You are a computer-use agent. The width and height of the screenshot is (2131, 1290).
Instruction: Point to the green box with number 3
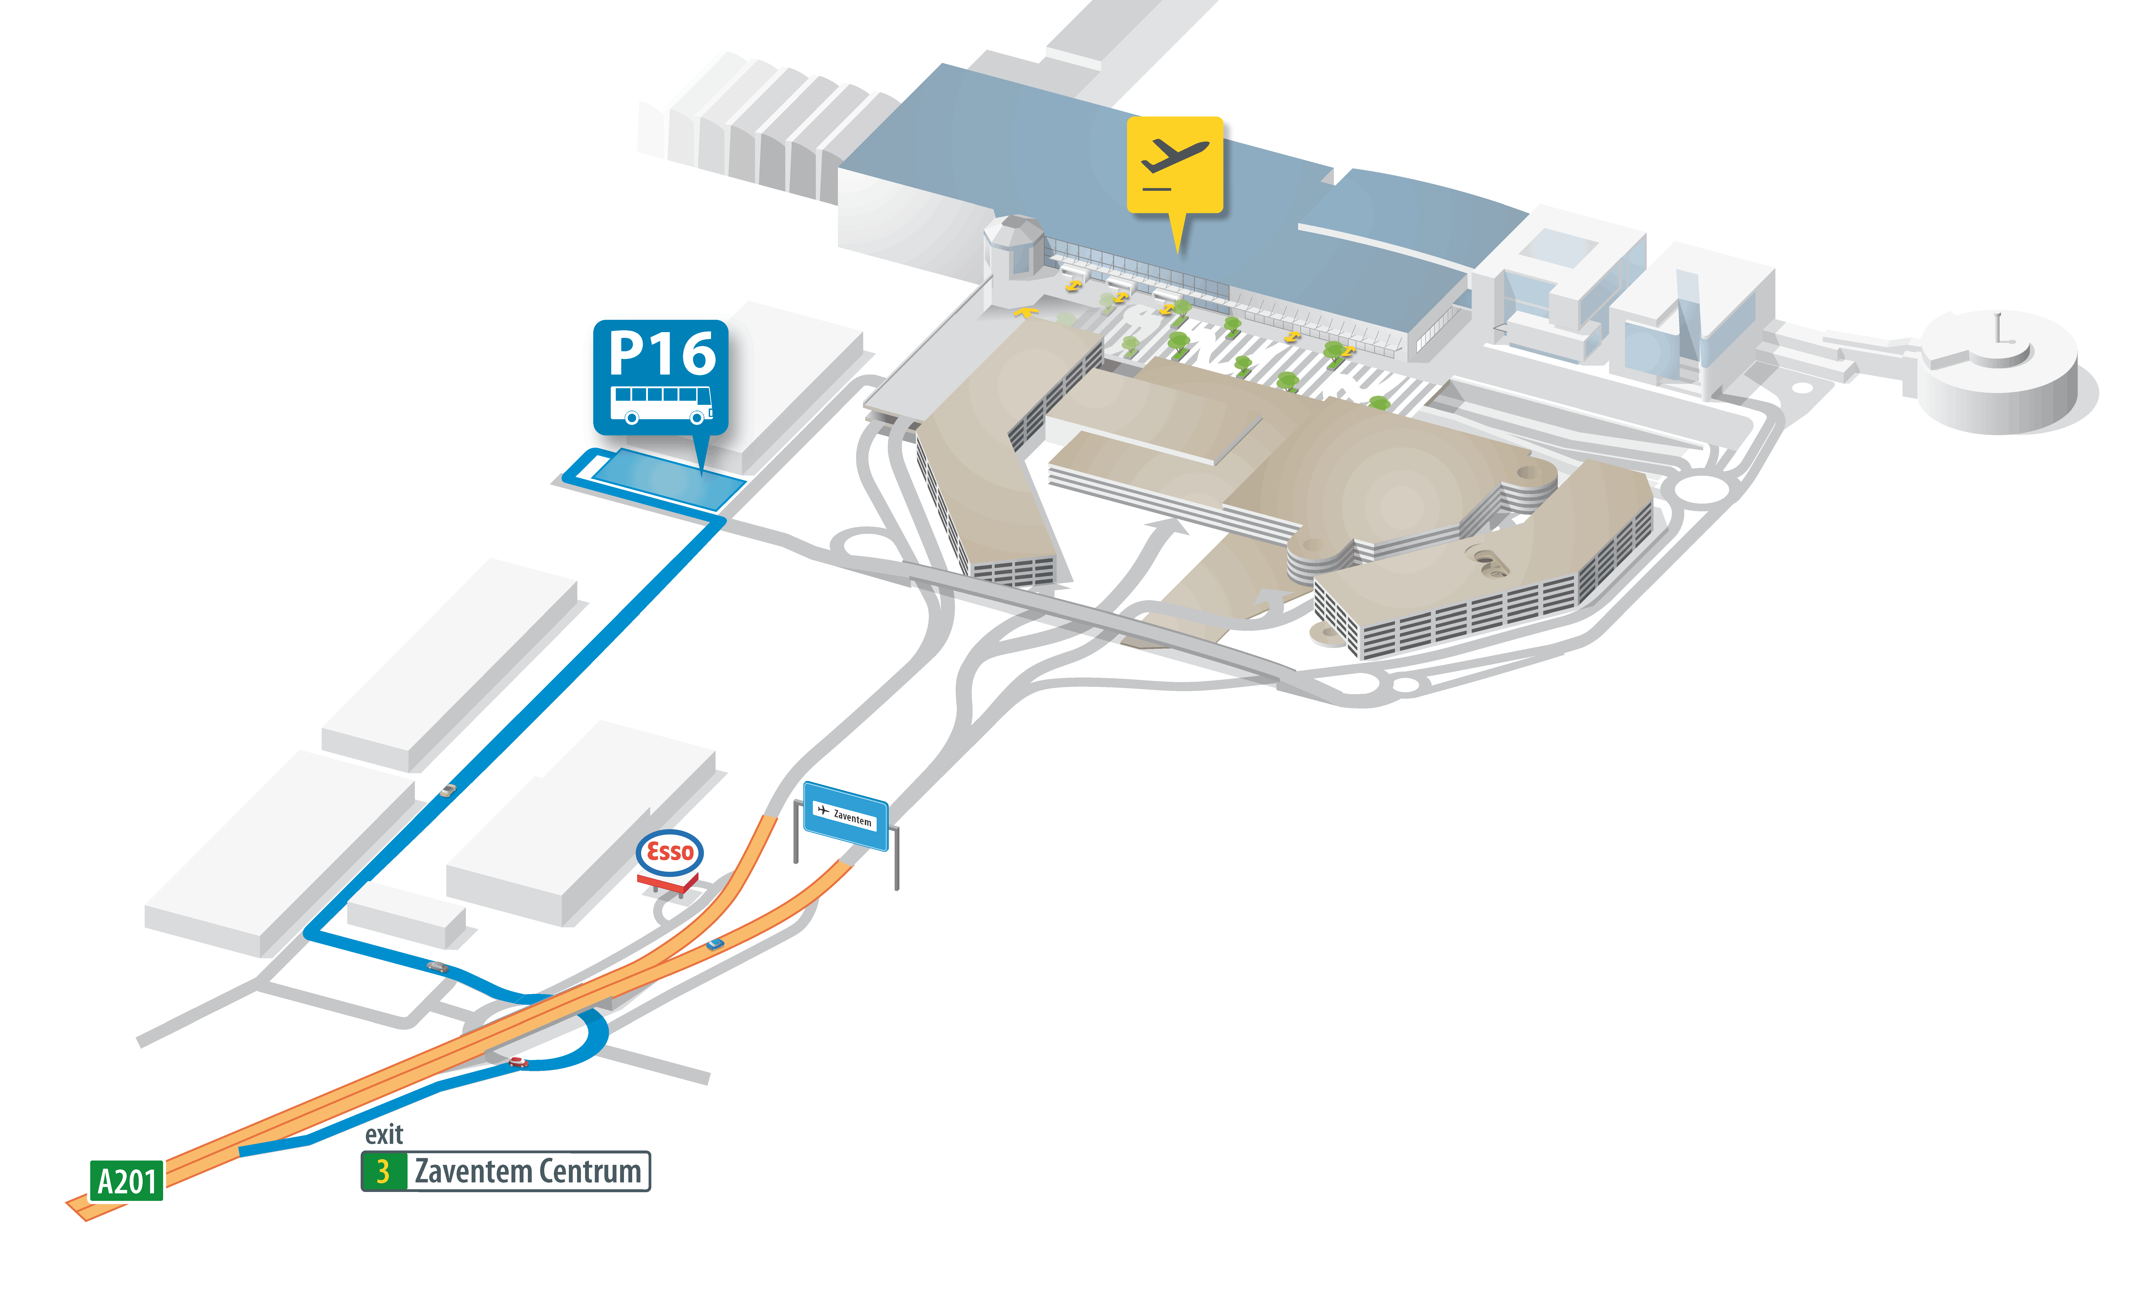(x=383, y=1171)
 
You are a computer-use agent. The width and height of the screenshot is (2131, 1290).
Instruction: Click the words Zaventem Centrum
(x=528, y=1171)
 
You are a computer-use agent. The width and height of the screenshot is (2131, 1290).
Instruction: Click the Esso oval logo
(x=669, y=852)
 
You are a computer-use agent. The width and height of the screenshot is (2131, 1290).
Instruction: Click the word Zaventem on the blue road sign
(x=853, y=818)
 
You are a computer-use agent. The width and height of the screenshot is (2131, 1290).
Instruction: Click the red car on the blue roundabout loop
(x=518, y=1062)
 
